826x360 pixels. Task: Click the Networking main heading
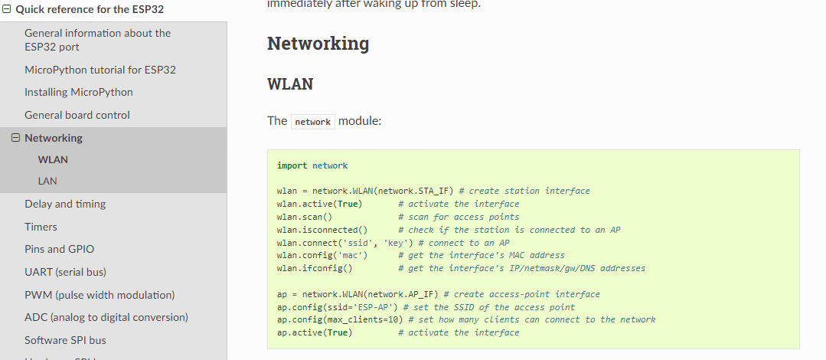tap(318, 44)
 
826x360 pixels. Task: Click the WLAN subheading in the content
tap(290, 84)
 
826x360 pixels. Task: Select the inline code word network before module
tap(312, 122)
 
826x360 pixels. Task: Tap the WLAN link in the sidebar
tap(53, 160)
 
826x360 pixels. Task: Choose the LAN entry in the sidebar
tap(47, 182)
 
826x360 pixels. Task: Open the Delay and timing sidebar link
tap(65, 205)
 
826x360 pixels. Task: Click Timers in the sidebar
tap(41, 227)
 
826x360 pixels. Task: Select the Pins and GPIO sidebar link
tap(59, 249)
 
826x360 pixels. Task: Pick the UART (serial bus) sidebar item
tap(65, 272)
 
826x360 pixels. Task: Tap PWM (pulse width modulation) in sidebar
tap(100, 295)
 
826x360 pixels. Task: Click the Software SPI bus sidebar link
tap(65, 340)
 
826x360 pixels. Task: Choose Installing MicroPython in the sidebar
tap(79, 92)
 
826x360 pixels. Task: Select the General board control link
tap(77, 115)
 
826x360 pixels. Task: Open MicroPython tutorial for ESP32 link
tap(100, 70)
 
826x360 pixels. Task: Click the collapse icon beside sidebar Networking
tap(15, 138)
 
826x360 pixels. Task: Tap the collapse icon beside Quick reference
tap(7, 10)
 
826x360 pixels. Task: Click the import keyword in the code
tap(292, 165)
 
